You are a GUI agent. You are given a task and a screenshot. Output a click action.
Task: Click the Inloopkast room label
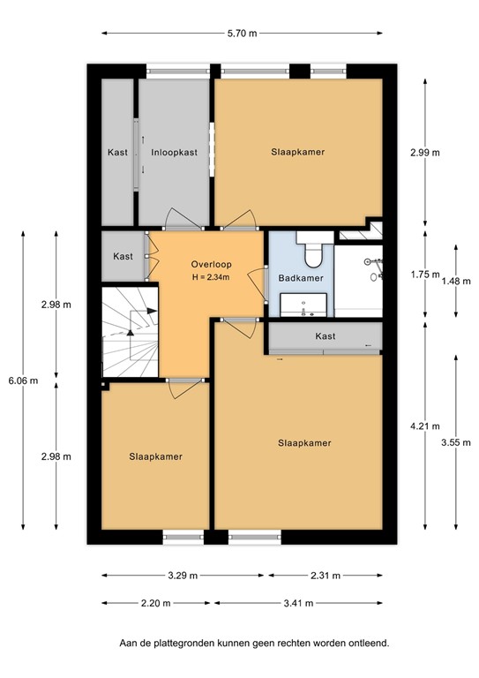click(174, 152)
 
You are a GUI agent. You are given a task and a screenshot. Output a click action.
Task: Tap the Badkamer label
click(300, 278)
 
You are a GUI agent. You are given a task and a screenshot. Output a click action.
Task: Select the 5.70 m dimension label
click(242, 34)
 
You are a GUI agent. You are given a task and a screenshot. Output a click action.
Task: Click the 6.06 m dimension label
click(23, 380)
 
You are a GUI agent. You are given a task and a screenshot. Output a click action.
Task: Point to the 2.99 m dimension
click(425, 152)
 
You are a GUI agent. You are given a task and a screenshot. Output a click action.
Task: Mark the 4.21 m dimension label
click(425, 426)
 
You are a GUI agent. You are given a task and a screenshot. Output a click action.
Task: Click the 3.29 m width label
click(183, 575)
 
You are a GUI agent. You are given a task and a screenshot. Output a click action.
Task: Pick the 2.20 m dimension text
click(154, 604)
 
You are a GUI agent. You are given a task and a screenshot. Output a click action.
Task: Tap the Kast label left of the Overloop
click(123, 256)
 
